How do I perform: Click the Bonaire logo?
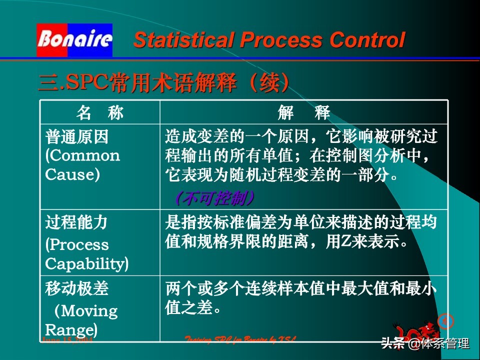(x=74, y=39)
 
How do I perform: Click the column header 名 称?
(x=99, y=113)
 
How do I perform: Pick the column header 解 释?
(x=303, y=113)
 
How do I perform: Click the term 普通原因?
(x=76, y=136)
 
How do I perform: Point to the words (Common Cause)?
(x=82, y=164)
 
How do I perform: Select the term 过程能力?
(x=76, y=222)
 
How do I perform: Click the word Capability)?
(x=86, y=263)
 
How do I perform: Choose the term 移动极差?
(x=76, y=288)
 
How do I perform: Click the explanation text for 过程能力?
(x=300, y=232)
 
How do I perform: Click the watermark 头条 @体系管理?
(x=425, y=343)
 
